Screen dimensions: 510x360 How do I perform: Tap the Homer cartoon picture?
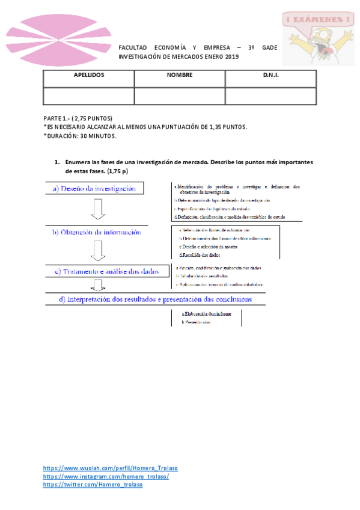[x=317, y=37]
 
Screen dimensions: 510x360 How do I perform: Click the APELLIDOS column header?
[x=88, y=76]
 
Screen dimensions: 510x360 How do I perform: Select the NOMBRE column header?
[x=180, y=76]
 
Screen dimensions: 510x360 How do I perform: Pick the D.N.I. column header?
[x=271, y=76]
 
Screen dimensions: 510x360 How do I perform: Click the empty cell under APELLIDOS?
[x=88, y=95]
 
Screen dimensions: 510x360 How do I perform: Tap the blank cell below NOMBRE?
[x=180, y=95]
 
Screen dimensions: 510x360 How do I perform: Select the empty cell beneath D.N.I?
[x=271, y=95]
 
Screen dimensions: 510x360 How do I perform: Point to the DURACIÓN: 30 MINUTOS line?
[x=81, y=135]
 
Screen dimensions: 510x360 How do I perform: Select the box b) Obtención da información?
[x=96, y=232]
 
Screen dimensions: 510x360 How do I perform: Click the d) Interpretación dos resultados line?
[x=155, y=298]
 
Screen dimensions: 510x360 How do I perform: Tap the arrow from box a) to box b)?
[x=99, y=209]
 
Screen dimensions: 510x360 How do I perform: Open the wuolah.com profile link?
[x=110, y=468]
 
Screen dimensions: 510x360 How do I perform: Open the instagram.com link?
[x=106, y=476]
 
